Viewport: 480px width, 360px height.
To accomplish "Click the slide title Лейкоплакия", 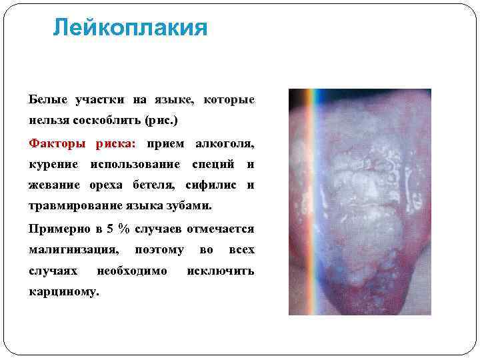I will pos(130,28).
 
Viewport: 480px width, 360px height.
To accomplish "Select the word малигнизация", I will pos(74,250).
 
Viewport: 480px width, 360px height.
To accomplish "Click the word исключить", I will pos(221,271).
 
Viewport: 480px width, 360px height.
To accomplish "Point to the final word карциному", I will pos(64,292).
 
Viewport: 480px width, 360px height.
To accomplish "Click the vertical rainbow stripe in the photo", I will pos(309,200).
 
